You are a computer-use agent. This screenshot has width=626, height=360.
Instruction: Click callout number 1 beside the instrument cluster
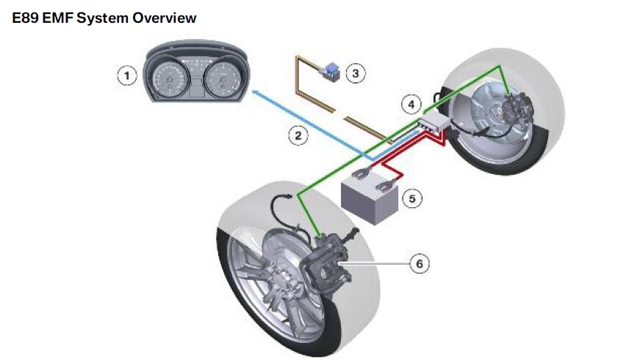point(128,74)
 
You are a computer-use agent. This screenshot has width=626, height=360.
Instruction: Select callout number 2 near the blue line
point(298,135)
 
